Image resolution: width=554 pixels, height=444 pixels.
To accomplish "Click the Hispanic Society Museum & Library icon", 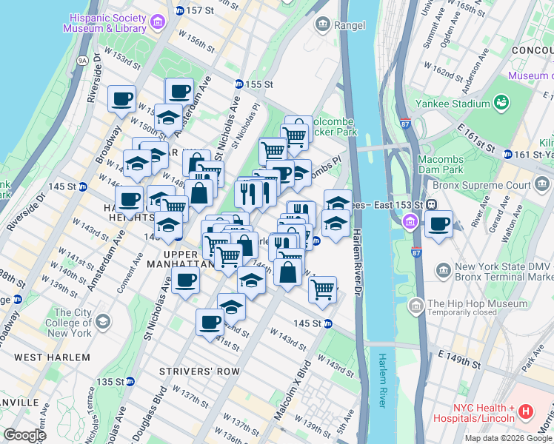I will [x=157, y=22].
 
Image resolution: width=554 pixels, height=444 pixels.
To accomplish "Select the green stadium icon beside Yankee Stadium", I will [x=501, y=101].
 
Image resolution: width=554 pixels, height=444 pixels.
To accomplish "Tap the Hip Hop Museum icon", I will [x=415, y=304].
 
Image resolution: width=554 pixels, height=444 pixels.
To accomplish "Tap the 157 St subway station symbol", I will [x=178, y=10].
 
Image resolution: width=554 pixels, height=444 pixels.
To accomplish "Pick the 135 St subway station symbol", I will [x=130, y=382].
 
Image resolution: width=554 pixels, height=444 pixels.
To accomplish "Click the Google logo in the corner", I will [x=24, y=434].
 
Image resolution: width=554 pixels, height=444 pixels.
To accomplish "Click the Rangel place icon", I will [x=323, y=25].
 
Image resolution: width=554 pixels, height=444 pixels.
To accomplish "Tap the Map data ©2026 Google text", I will [x=507, y=438].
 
